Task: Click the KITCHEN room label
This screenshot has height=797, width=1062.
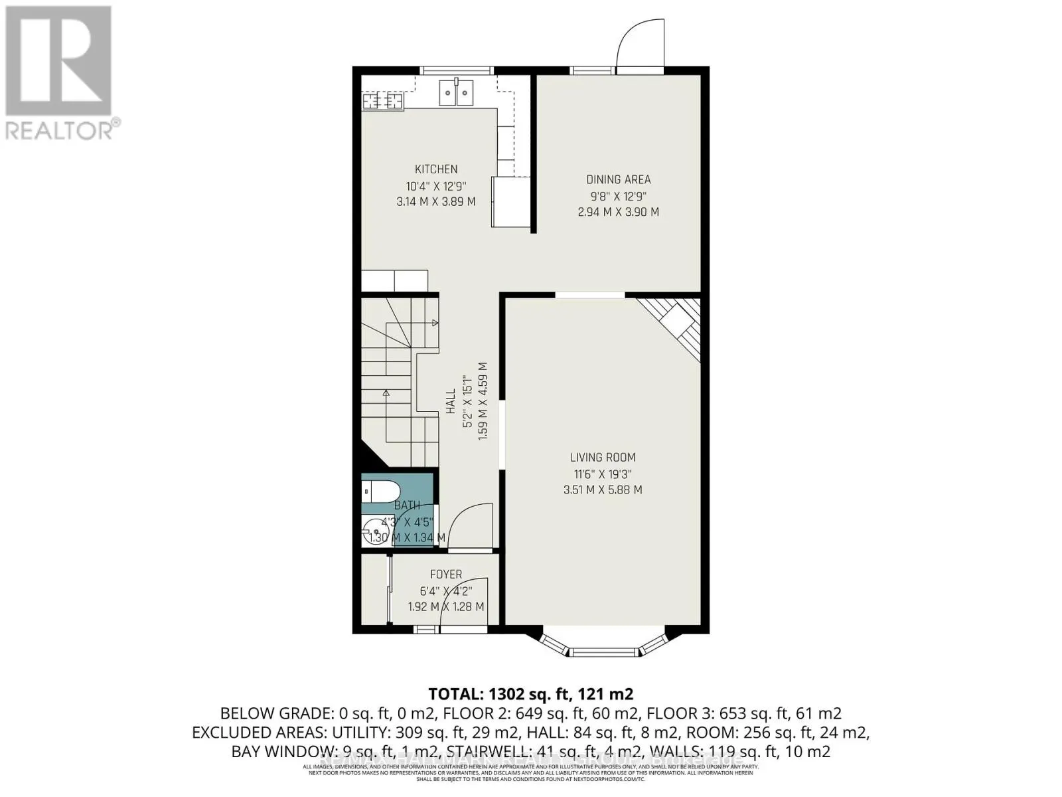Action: [436, 169]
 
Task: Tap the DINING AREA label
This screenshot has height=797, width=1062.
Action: [618, 179]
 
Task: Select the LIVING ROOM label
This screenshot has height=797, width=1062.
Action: [603, 457]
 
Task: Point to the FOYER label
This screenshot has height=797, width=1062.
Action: [446, 575]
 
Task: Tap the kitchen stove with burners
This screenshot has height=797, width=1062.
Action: [383, 101]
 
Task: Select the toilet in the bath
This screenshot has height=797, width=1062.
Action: [380, 492]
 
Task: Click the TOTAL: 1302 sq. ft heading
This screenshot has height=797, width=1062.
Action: [531, 694]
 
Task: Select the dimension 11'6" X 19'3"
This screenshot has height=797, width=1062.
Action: [603, 474]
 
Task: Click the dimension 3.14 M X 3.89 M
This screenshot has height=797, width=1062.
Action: [436, 201]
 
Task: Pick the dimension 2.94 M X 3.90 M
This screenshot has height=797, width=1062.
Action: [618, 212]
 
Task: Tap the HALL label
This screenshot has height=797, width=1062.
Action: [451, 401]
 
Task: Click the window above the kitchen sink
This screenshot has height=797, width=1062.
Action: [457, 70]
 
